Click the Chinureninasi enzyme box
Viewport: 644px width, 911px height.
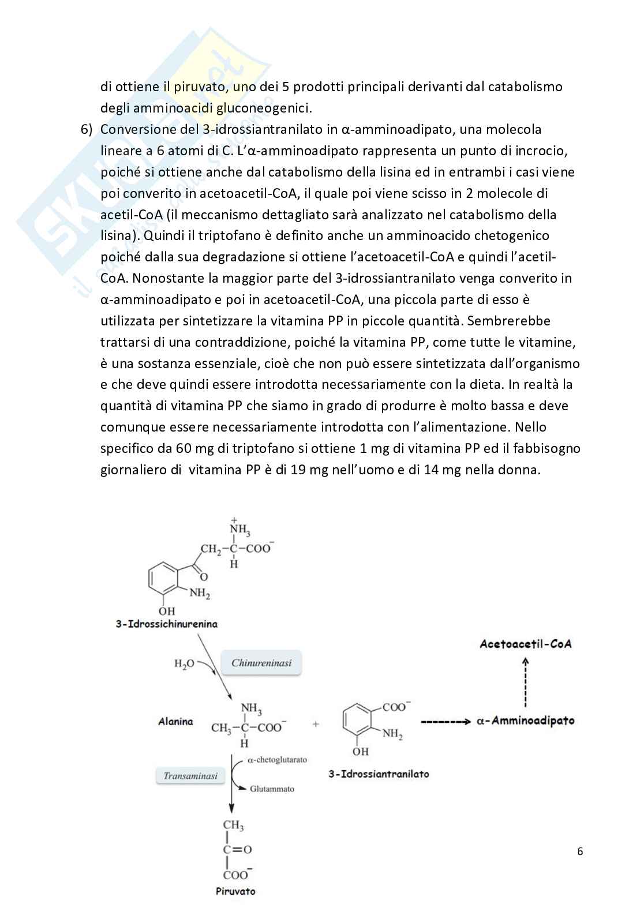coord(261,663)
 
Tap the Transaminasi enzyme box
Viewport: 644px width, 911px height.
coord(190,776)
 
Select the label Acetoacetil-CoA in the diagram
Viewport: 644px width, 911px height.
coord(525,644)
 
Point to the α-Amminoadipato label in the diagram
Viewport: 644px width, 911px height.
coord(525,721)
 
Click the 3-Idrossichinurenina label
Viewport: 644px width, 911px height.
coord(166,624)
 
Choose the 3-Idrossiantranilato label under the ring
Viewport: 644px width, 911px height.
coord(379,774)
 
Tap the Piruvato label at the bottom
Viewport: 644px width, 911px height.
coord(235,891)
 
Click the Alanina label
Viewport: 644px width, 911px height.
coord(175,722)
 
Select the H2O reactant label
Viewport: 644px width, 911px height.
coord(184,664)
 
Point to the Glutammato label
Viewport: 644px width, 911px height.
coord(272,789)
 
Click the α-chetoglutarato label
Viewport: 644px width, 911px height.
coord(277,760)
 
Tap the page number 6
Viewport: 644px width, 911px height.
coord(580,851)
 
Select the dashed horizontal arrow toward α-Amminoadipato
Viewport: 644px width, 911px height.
coord(445,721)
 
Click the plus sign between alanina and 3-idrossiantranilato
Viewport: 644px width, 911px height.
coord(316,723)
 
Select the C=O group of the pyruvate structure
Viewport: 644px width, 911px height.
coord(237,850)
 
